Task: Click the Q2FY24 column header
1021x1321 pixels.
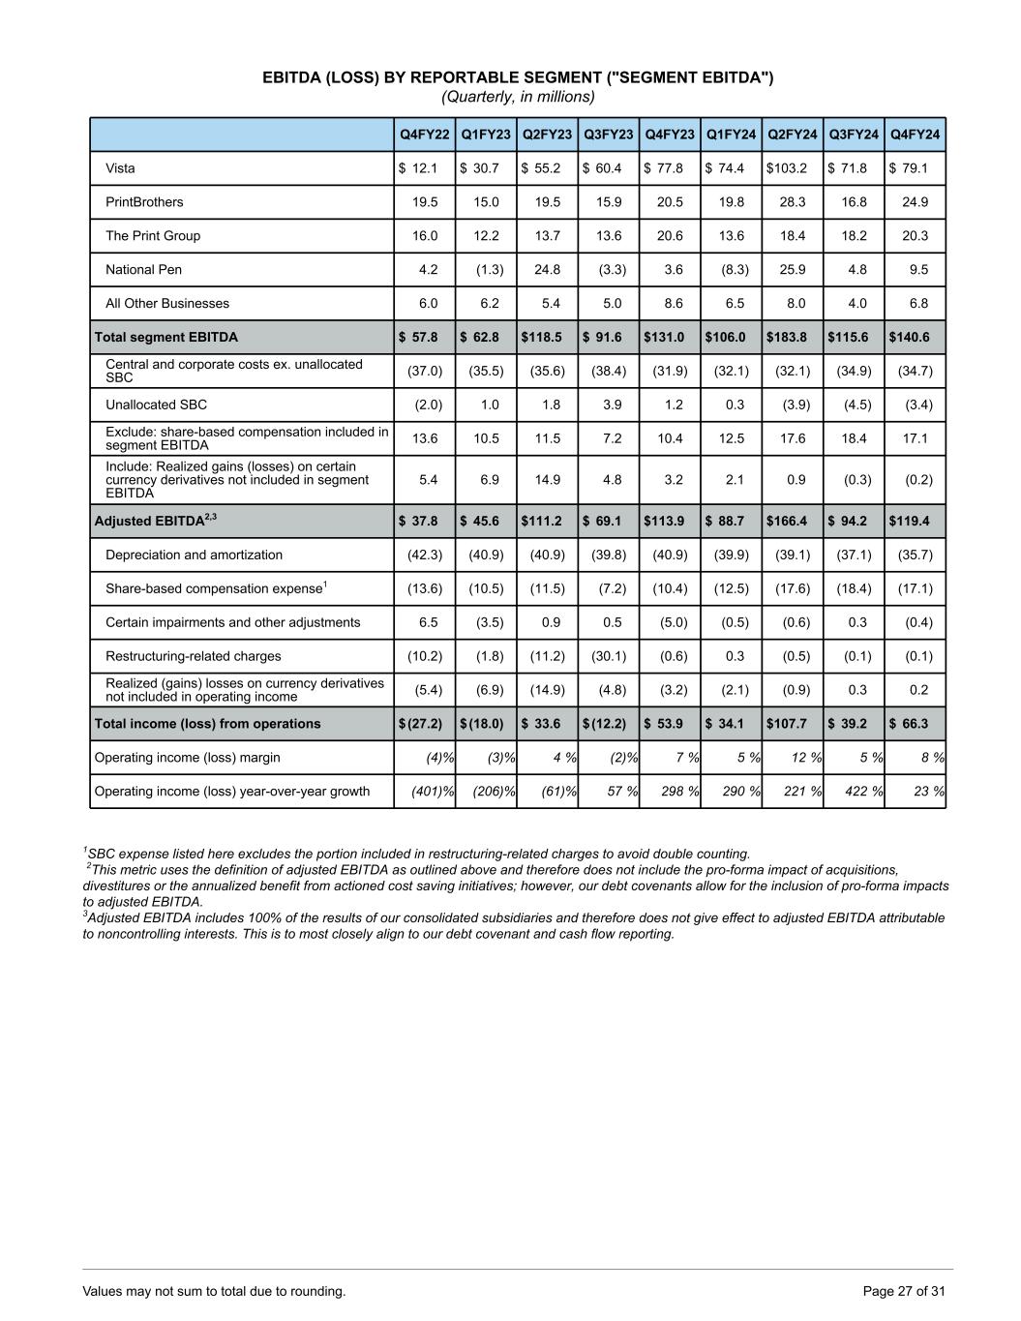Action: [x=793, y=135]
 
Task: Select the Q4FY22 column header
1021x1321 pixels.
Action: [x=425, y=135]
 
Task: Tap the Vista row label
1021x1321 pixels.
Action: [x=121, y=168]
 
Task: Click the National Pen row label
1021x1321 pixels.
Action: [x=143, y=270]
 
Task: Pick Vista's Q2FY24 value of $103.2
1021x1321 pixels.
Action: [x=787, y=168]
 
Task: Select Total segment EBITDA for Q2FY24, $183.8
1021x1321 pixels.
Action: [x=787, y=338]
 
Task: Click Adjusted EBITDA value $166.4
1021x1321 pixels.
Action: [x=787, y=521]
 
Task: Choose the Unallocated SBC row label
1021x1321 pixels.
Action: [x=156, y=405]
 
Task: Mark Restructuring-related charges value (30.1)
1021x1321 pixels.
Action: [x=609, y=656]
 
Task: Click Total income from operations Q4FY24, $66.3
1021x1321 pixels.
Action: [x=909, y=724]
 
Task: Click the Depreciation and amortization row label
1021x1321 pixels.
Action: [x=194, y=555]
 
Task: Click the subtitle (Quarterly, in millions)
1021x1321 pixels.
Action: [x=518, y=97]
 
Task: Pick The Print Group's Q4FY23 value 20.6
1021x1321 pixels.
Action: [x=670, y=236]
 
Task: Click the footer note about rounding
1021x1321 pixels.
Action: [x=214, y=1291]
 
